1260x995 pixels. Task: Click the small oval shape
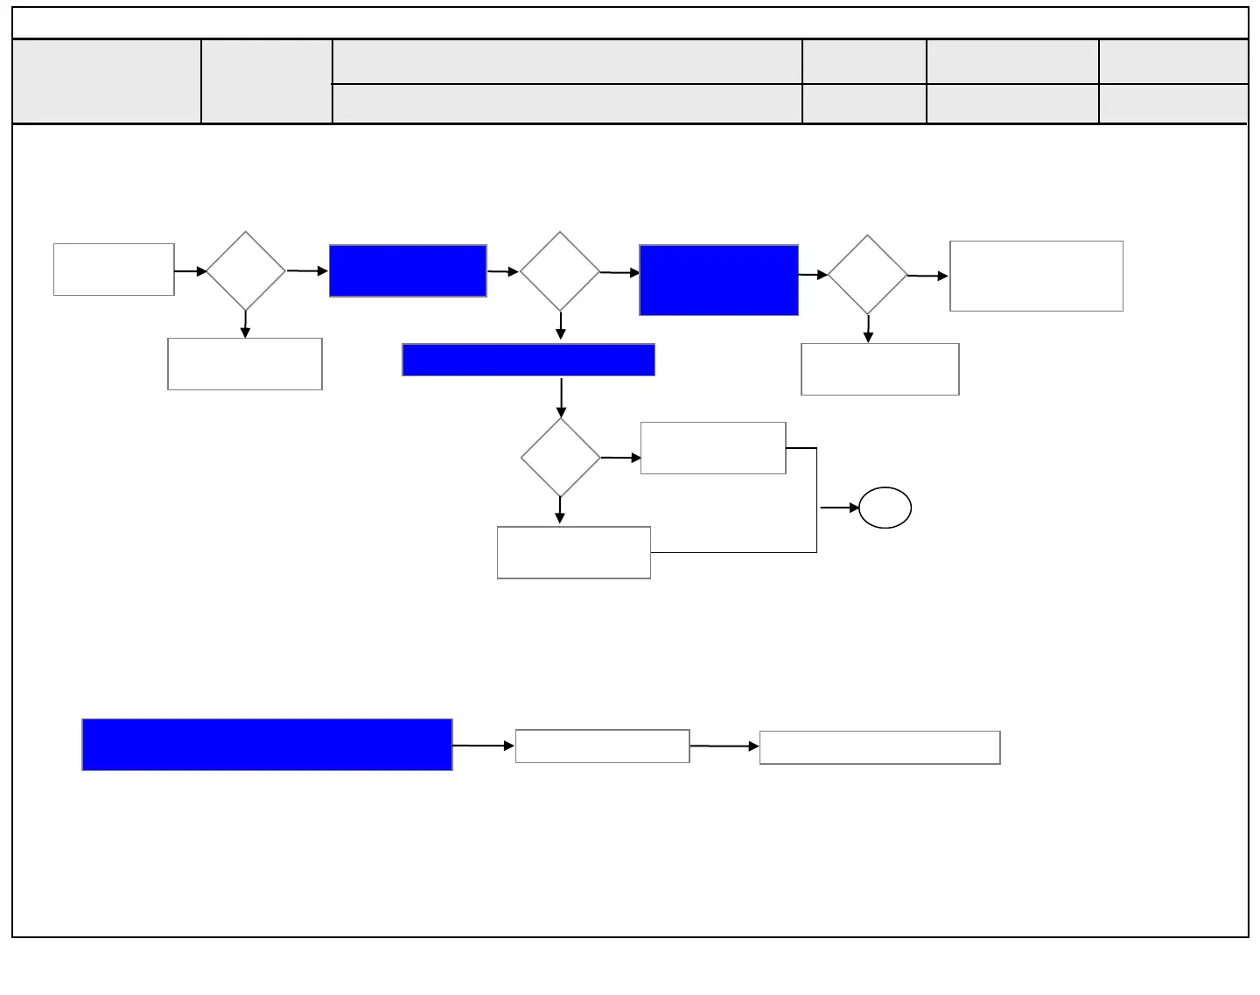(885, 508)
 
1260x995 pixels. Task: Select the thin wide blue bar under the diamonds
(528, 360)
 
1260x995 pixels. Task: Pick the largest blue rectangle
(267, 745)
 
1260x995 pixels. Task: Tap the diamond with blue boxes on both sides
(560, 271)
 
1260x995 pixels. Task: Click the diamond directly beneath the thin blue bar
(560, 457)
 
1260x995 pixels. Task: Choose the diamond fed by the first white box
(246, 271)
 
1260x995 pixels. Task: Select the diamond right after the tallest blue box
(867, 275)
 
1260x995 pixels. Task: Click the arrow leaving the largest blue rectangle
(483, 746)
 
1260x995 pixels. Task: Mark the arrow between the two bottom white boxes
(724, 746)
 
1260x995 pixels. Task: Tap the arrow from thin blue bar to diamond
(561, 397)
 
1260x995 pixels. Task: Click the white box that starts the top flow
(114, 270)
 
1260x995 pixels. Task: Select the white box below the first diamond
(245, 364)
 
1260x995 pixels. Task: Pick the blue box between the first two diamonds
(408, 271)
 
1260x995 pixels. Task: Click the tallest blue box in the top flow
(718, 280)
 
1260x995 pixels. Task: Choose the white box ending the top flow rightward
(1036, 276)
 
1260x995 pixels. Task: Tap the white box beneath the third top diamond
(879, 369)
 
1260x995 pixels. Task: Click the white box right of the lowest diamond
(713, 448)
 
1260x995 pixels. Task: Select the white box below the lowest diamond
(573, 552)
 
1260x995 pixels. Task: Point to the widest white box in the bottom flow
(879, 747)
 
